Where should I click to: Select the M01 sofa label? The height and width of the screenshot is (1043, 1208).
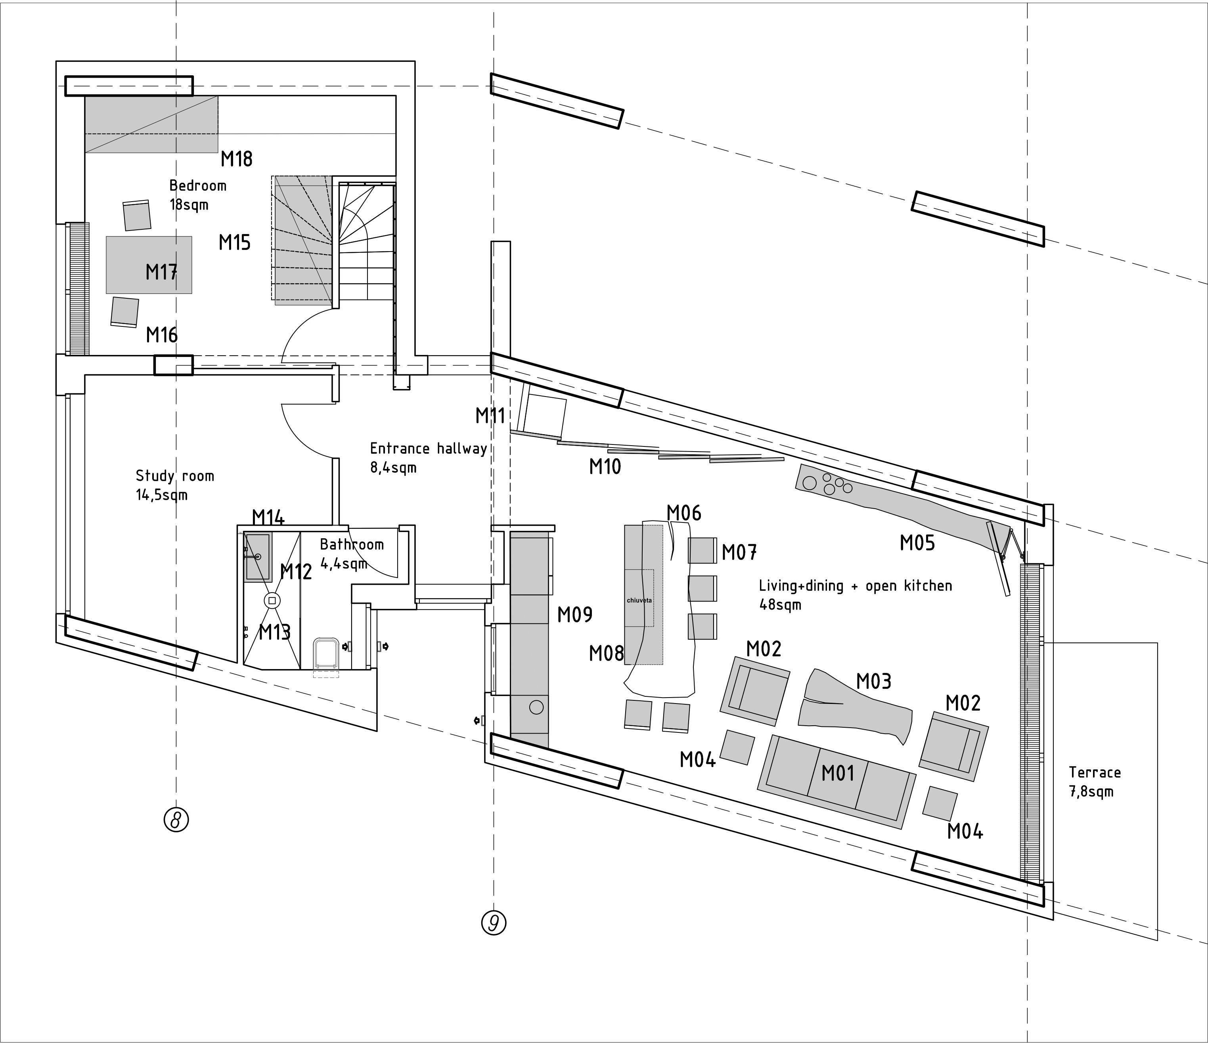point(838,773)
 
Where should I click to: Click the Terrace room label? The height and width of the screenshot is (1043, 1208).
point(1094,772)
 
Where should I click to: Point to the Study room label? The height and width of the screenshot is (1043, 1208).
point(175,476)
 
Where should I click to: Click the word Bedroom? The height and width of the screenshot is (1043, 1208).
point(198,185)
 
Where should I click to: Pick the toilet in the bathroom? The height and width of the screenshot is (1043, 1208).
point(326,653)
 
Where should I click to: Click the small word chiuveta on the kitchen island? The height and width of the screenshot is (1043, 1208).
point(639,600)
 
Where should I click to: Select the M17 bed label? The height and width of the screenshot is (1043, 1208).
point(161,271)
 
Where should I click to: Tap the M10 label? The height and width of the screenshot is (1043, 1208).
point(605,467)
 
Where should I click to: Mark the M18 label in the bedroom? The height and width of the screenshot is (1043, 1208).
point(236,158)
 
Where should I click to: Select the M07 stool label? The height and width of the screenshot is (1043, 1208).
point(739,552)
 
